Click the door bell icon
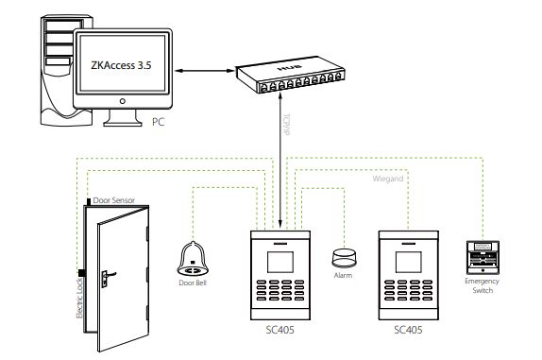[193, 255]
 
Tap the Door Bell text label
[193, 283]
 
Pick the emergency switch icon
[483, 257]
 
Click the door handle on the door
[107, 276]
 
